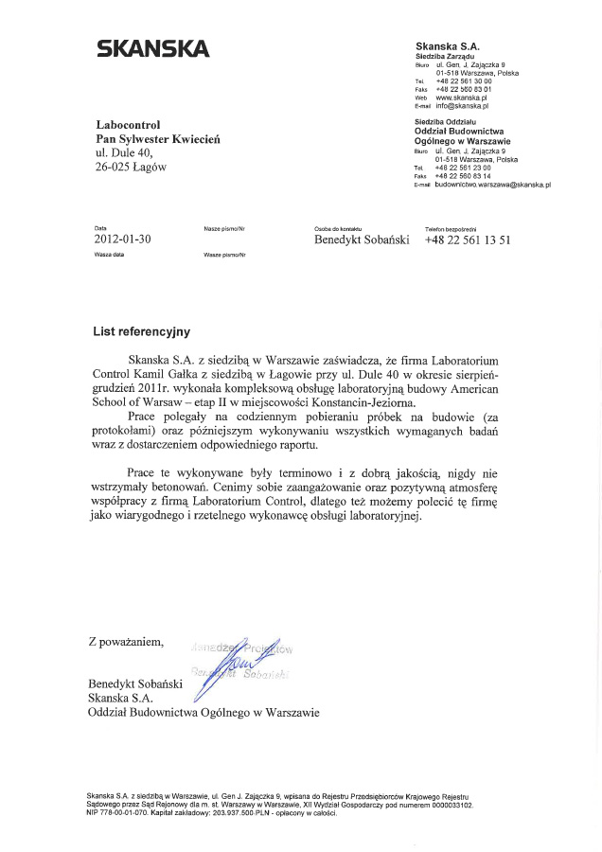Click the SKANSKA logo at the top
pyautogui.click(x=152, y=49)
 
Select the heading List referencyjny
pyautogui.click(x=141, y=332)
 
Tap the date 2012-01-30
pyautogui.click(x=122, y=240)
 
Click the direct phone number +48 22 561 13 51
pyautogui.click(x=468, y=240)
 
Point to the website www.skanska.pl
pyautogui.click(x=461, y=98)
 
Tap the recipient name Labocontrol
pyautogui.click(x=129, y=124)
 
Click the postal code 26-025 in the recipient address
pyautogui.click(x=115, y=167)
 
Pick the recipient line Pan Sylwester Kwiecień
pyautogui.click(x=159, y=138)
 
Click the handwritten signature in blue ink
pyautogui.click(x=231, y=664)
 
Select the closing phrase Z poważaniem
pyautogui.click(x=126, y=642)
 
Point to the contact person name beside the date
pyautogui.click(x=362, y=240)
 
